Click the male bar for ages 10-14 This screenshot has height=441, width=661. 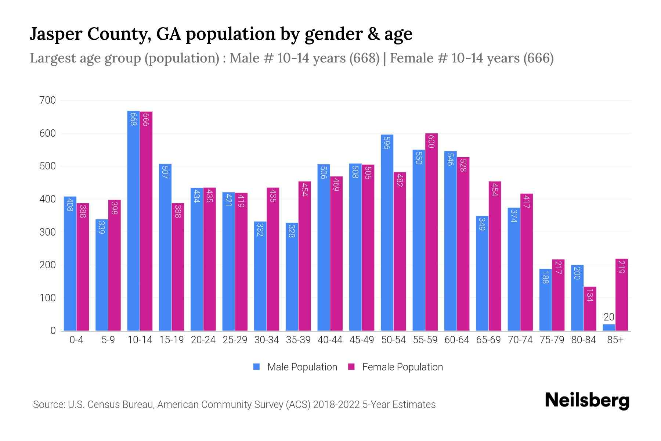tap(133, 220)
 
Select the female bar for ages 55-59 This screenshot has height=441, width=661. tap(431, 232)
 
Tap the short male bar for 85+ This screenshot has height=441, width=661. tap(608, 327)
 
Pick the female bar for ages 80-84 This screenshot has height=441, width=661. tap(590, 309)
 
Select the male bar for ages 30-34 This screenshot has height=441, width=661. tap(260, 276)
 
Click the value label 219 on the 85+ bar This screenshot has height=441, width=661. tap(621, 267)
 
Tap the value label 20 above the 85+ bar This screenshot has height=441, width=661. tap(609, 317)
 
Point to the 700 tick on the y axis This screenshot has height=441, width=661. tap(48, 100)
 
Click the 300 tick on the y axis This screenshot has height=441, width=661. tap(48, 232)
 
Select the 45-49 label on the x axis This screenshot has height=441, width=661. tap(361, 340)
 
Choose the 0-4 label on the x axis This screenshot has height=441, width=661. tap(76, 340)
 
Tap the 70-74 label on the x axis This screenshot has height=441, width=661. tap(520, 340)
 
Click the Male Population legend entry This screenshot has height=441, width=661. tap(302, 367)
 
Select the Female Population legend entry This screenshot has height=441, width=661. tap(402, 367)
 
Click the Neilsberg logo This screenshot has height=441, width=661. tap(587, 401)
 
